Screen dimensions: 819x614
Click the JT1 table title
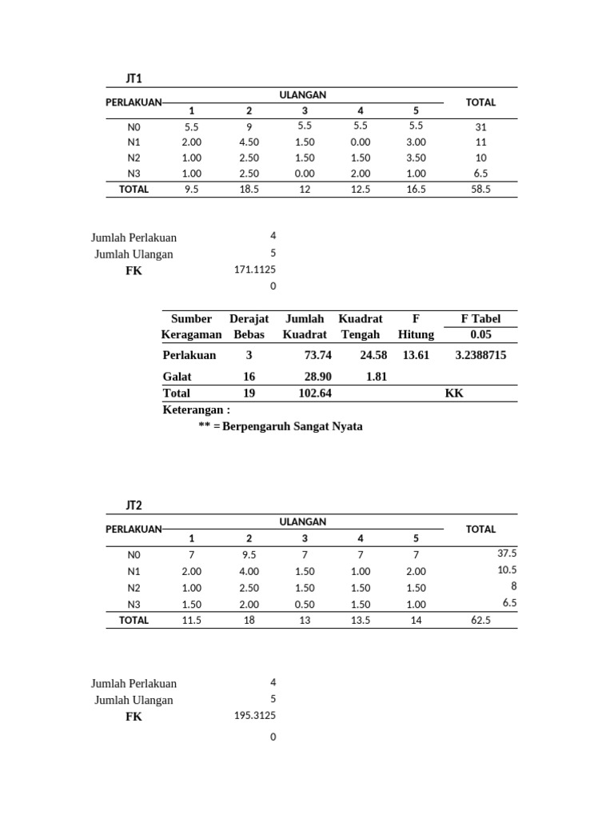point(134,78)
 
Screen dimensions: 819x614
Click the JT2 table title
point(134,505)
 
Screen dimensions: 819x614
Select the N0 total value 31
point(480,126)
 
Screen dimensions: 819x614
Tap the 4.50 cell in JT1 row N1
point(249,142)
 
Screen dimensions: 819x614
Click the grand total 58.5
point(480,190)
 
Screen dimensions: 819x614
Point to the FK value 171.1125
point(255,270)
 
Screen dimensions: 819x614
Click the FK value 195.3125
point(255,716)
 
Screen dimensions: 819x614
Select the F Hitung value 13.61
point(416,355)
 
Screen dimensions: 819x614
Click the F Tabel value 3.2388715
point(480,355)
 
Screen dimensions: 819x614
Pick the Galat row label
point(177,376)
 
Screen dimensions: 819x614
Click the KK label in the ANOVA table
point(454,393)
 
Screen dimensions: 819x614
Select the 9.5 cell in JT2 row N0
point(249,555)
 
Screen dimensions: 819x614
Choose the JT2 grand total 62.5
point(480,620)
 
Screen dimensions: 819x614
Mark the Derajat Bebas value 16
point(249,376)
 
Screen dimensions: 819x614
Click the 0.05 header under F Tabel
point(480,334)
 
